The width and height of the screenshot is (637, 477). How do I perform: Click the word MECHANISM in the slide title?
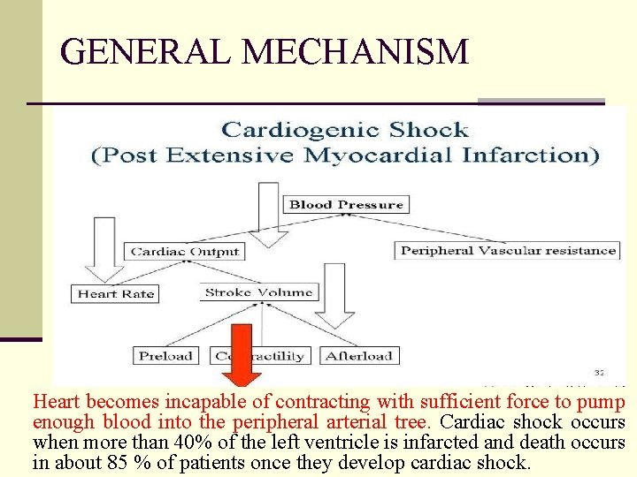[x=356, y=52]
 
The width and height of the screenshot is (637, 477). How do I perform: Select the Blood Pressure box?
[x=346, y=205]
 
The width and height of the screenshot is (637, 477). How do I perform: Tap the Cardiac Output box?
[x=185, y=251]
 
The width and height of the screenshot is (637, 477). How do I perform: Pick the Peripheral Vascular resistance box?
[x=508, y=250]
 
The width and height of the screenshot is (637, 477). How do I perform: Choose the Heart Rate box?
[x=115, y=294]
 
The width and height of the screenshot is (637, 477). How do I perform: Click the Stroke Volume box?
[x=258, y=292]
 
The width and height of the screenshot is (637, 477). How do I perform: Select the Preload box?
[x=165, y=356]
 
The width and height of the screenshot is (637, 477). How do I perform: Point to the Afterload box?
[x=359, y=356]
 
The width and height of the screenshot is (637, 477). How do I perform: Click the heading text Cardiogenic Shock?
[x=344, y=131]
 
